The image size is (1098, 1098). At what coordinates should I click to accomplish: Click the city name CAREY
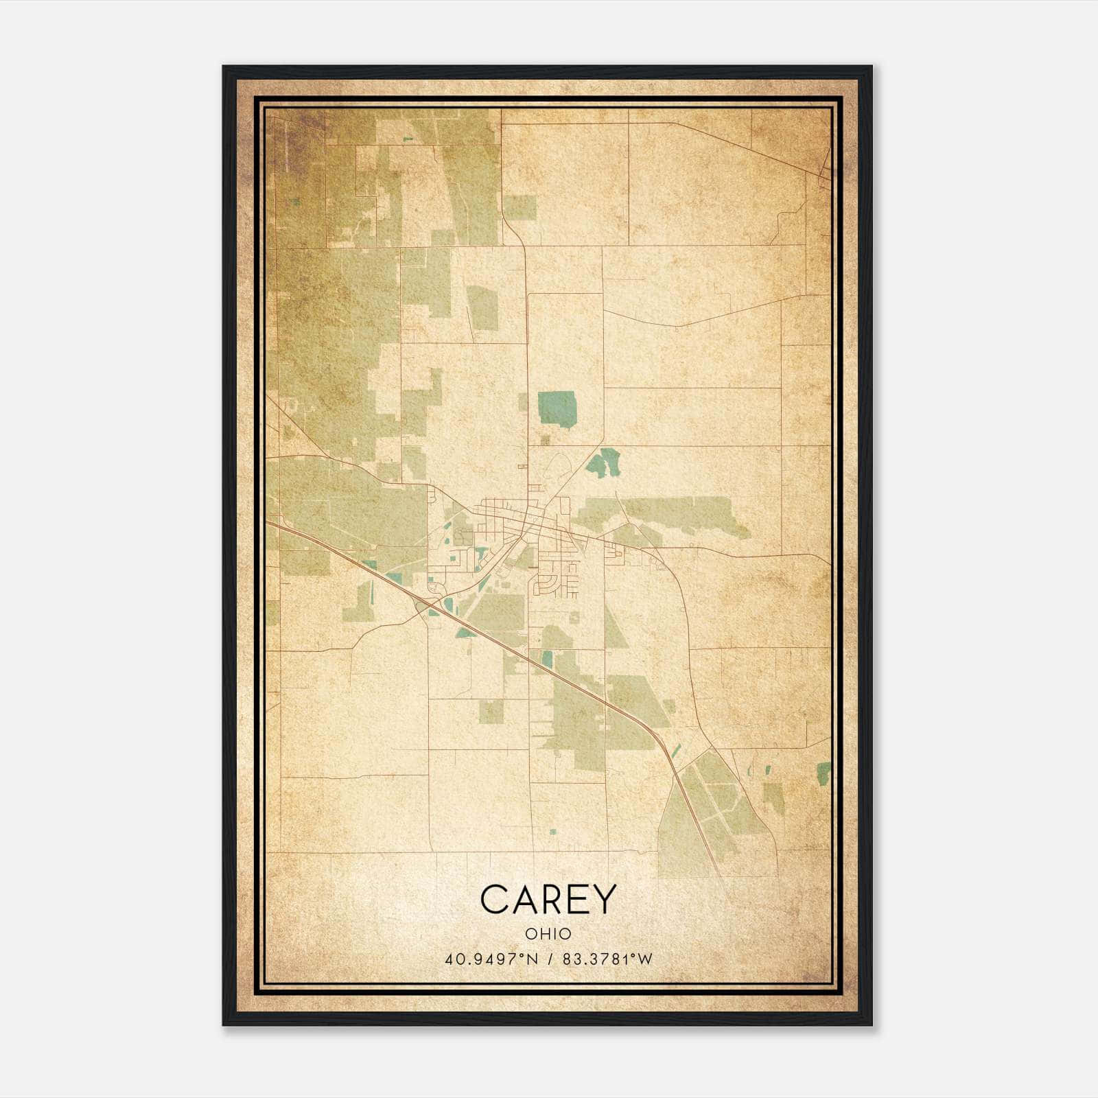coord(548,900)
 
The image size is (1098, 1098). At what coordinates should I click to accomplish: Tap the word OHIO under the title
coord(548,934)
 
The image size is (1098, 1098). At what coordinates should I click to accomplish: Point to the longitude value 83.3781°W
coord(607,959)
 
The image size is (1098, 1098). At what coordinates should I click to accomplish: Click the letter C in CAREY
coord(495,900)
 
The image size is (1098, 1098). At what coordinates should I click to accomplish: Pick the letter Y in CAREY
coord(604,900)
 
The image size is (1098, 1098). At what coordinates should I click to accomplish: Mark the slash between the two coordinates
coord(551,959)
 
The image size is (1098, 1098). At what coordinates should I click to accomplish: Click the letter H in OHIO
coord(543,934)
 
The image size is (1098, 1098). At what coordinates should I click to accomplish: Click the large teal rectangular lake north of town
coord(557,408)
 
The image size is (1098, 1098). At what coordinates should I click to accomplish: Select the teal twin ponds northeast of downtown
coord(605,463)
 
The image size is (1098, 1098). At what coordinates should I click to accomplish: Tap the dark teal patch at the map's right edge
coord(823,773)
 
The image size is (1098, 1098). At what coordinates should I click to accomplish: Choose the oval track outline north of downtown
coord(559,465)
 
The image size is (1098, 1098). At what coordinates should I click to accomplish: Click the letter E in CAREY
coord(577,900)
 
